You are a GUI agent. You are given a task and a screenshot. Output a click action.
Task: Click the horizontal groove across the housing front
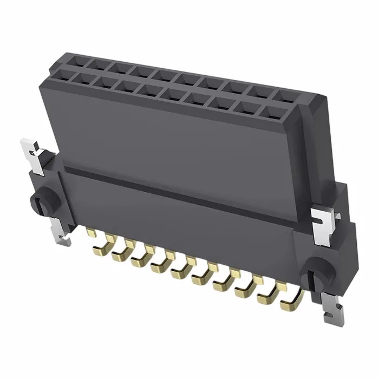coord(179,187)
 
